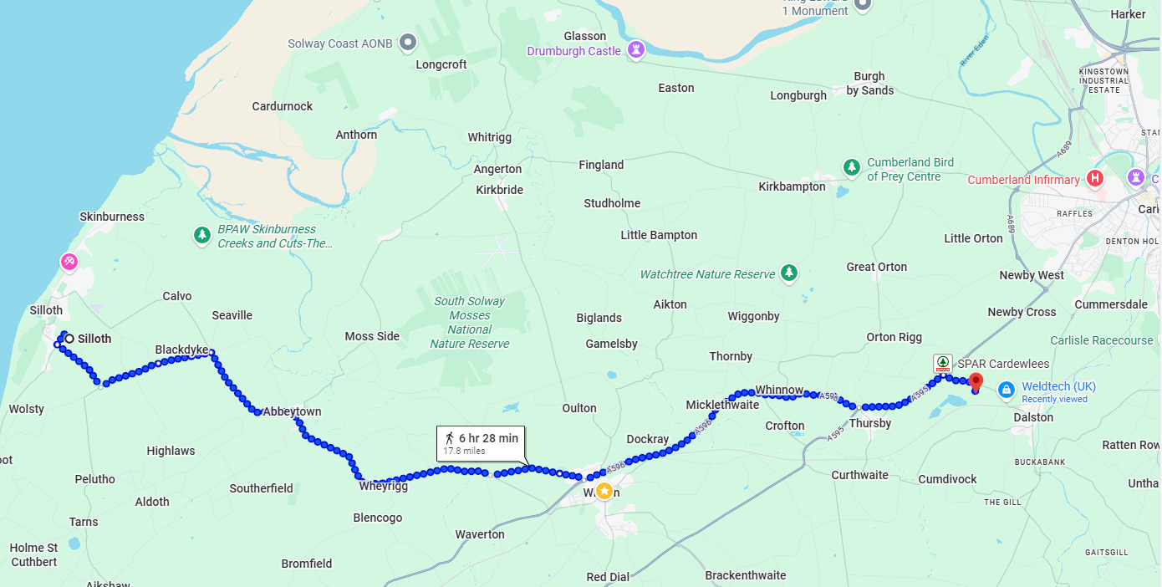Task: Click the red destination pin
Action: [975, 381]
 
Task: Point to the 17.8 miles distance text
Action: [464, 452]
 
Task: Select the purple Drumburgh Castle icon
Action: [636, 50]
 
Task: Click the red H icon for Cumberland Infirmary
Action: [1094, 179]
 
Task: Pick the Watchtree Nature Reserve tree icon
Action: [788, 273]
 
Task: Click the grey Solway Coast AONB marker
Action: [407, 42]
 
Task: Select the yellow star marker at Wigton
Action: [604, 490]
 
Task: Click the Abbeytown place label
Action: [292, 412]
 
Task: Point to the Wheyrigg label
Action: [383, 486]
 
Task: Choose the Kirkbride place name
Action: [499, 190]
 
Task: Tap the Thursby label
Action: [869, 423]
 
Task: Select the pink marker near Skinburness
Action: [69, 262]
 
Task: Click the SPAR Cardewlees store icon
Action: [943, 364]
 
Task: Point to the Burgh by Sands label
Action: [869, 84]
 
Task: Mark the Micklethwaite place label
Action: [722, 405]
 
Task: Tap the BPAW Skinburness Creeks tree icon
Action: [201, 235]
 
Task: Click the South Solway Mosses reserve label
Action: [469, 322]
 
